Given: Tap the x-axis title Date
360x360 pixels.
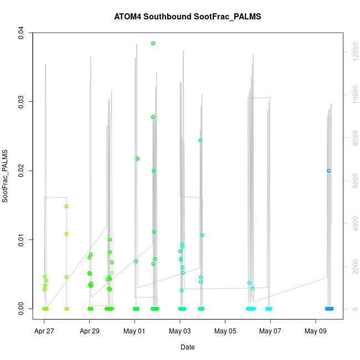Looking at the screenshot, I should pyautogui.click(x=187, y=347).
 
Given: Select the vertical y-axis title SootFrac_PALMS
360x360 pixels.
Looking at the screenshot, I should pyautogui.click(x=6, y=176).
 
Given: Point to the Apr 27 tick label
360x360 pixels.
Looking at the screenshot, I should pyautogui.click(x=44, y=331).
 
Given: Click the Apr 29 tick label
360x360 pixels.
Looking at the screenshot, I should pyautogui.click(x=90, y=331).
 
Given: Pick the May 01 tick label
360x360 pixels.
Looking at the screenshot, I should pyautogui.click(x=135, y=331).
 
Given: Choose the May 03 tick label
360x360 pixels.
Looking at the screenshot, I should pyautogui.click(x=180, y=331).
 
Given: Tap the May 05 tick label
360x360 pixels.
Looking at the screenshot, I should pyautogui.click(x=225, y=331).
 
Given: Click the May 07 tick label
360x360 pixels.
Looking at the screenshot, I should pyautogui.click(x=270, y=331).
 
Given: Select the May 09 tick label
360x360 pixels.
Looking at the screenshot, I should pyautogui.click(x=316, y=331).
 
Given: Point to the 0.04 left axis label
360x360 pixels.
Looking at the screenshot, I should pyautogui.click(x=22, y=33).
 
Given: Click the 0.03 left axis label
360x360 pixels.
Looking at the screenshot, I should pyautogui.click(x=22, y=101).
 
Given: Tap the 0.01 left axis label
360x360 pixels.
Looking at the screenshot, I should pyautogui.click(x=22, y=239).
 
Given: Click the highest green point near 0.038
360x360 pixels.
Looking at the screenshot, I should pyautogui.click(x=153, y=43).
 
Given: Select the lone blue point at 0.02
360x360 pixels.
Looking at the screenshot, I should pyautogui.click(x=329, y=171).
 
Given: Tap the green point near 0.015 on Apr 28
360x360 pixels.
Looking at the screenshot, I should pyautogui.click(x=66, y=206).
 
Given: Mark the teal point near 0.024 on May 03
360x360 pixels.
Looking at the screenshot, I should pyautogui.click(x=200, y=140).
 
